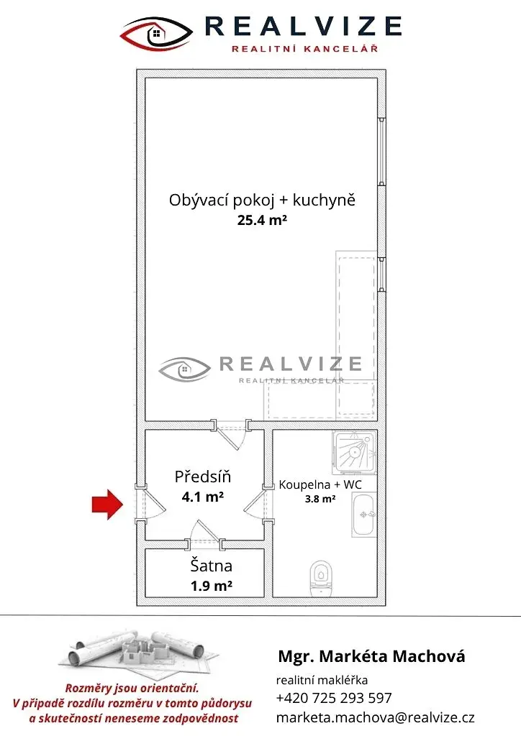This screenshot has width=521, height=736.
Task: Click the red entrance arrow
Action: point(107,505)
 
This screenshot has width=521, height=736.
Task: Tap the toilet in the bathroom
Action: point(322,578)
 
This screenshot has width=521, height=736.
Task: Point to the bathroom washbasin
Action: point(364,515)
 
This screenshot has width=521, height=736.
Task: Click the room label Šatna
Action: point(211,566)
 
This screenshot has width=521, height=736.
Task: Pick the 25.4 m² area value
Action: point(262,220)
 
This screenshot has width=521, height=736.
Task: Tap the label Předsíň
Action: point(202,477)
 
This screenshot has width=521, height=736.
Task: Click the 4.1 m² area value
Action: point(202,496)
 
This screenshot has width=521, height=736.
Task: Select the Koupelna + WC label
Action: point(320,484)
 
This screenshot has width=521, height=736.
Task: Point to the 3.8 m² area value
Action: point(320,499)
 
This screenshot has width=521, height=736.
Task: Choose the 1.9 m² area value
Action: point(212,586)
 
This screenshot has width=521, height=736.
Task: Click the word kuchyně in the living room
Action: point(324,201)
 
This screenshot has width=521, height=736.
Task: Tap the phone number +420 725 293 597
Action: point(334,698)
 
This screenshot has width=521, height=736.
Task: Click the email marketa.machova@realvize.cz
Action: point(376,718)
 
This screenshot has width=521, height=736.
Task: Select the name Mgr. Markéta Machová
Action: point(371,656)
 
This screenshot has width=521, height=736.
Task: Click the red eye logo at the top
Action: point(156,34)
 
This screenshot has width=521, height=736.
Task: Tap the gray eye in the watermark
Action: point(184,369)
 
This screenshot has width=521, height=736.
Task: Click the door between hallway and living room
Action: point(230,433)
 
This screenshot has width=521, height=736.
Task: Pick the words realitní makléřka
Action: point(322,680)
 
